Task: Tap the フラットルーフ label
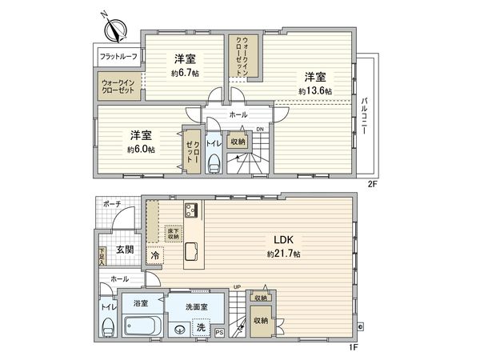coord(118,57)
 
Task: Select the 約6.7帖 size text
coord(185,73)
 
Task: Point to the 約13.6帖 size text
coord(314,91)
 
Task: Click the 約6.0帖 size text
coord(140,149)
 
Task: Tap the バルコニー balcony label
coord(364,115)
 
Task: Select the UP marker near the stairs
coord(236,286)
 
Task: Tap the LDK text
coord(284,239)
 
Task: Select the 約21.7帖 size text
coord(284,254)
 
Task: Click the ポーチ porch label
coord(111,205)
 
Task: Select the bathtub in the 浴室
coord(142,328)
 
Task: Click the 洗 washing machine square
coord(202,328)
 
